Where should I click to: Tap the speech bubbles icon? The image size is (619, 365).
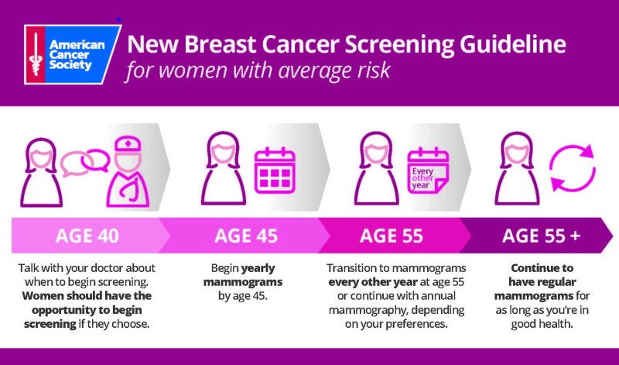pos(84,161)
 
